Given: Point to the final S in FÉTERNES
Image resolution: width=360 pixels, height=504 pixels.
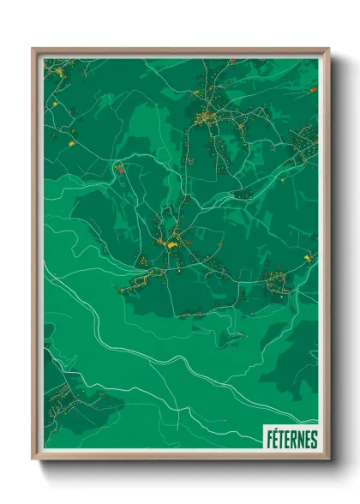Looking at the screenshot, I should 314,440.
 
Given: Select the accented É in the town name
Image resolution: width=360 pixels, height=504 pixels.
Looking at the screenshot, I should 274,439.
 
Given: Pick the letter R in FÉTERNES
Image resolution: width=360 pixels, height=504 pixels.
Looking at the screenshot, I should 294,440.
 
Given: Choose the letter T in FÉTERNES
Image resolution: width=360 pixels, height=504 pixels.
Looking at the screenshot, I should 281,440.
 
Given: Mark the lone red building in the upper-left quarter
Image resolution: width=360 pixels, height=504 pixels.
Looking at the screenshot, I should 120,170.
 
